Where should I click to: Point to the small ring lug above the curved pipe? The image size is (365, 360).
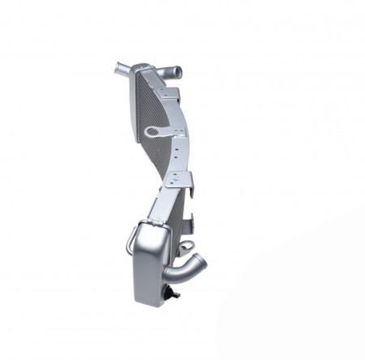pyautogui.click(x=187, y=244)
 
